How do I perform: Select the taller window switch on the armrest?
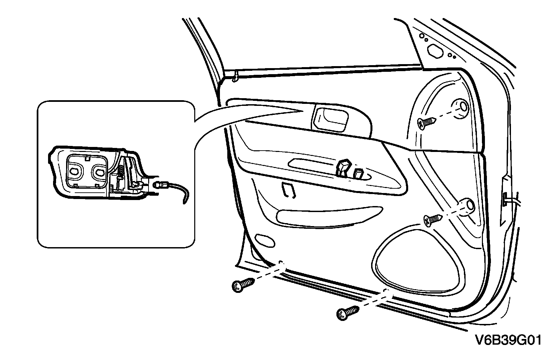[x=344, y=167]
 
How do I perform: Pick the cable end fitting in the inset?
[x=159, y=184]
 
